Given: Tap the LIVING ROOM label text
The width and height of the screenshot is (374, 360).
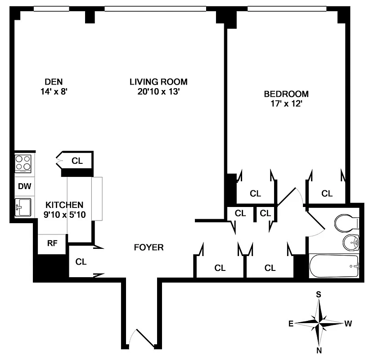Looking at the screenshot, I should [158, 81].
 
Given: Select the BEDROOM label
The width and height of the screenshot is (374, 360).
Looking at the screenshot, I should [286, 94].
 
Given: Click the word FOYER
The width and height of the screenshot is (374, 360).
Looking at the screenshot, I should [149, 247].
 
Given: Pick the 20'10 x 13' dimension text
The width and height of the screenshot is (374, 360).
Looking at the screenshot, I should [158, 91].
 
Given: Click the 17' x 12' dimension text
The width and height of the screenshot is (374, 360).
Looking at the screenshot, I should [286, 104].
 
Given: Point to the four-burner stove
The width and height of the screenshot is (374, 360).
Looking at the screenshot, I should [23, 163].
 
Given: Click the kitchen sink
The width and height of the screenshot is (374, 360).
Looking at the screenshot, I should [23, 207].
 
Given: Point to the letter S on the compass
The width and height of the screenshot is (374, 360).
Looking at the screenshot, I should [318, 294].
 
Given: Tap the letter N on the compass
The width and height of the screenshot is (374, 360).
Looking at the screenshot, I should [319, 351].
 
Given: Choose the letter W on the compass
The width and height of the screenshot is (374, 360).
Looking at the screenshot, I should [348, 323].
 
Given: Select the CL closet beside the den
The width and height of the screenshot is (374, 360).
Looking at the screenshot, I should [77, 161].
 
